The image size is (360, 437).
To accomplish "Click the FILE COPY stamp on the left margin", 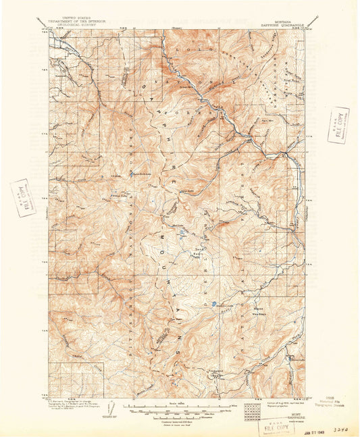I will click(21, 197).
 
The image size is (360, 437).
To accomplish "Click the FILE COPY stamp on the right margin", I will click(338, 126).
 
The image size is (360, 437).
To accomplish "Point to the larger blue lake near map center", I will click(214, 305).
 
